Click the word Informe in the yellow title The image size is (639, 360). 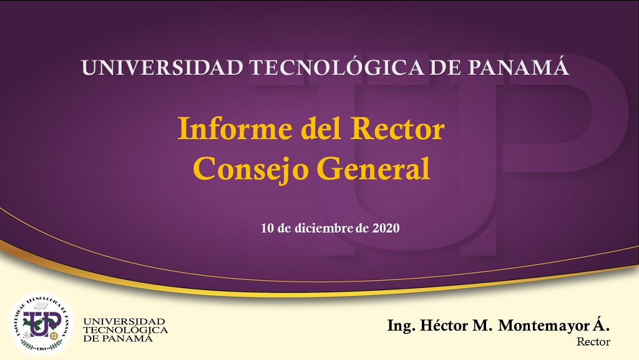coord(235,129)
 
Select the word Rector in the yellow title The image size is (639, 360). coord(398,129)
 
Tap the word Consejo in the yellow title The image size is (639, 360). coord(251,168)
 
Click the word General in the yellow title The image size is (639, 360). coord(374,168)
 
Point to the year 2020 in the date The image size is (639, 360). coord(386,228)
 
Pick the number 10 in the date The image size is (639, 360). coord(267,228)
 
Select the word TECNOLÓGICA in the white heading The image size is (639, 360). coord(336,67)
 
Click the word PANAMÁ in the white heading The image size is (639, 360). coord(518,67)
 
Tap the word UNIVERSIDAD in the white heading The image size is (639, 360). coord(162,67)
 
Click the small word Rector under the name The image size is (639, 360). coord(593,342)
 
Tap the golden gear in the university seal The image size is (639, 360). coord(54,336)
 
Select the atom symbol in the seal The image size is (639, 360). coord(27,335)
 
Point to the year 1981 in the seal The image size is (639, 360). coord(41,349)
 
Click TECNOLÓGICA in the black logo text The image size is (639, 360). coord(125,329)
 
